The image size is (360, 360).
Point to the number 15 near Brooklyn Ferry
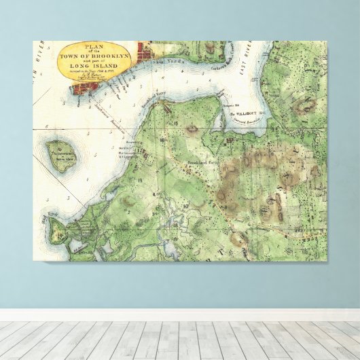pos(175,123)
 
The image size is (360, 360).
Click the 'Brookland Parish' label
pos(203,164)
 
